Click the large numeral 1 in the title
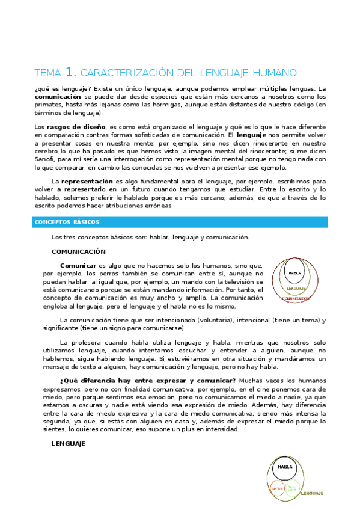(x=70, y=72)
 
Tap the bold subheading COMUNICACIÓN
(x=78, y=251)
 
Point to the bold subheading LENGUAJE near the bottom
(x=69, y=444)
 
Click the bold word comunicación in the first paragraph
(x=58, y=96)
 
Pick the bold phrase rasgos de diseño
(x=75, y=127)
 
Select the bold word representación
(x=88, y=181)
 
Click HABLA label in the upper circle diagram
(x=294, y=272)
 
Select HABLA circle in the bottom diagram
(x=285, y=467)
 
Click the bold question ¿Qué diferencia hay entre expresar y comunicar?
(x=148, y=381)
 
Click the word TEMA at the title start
(x=48, y=73)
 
